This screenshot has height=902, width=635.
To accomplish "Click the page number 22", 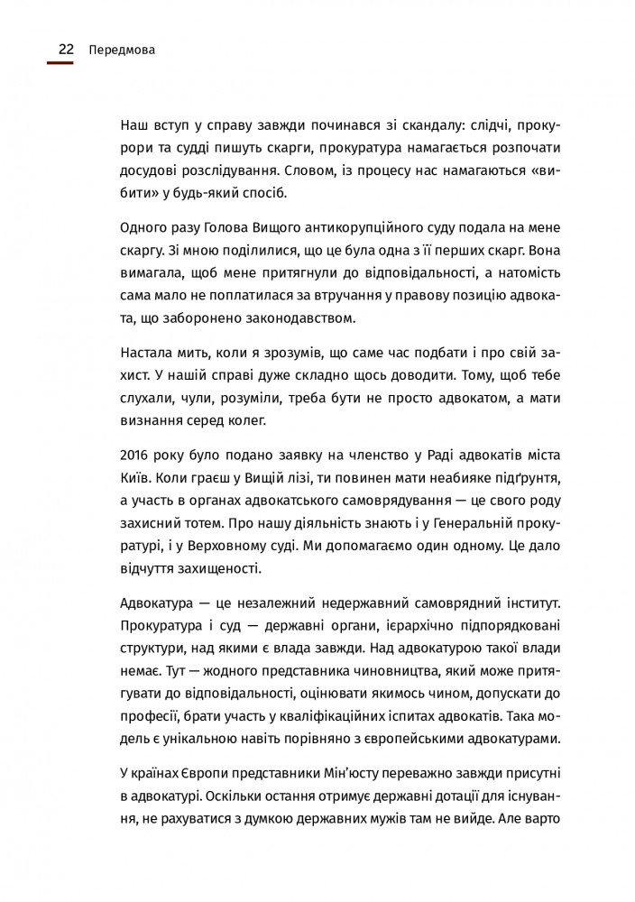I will (66, 51).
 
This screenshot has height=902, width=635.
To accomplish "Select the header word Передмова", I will (123, 51).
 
